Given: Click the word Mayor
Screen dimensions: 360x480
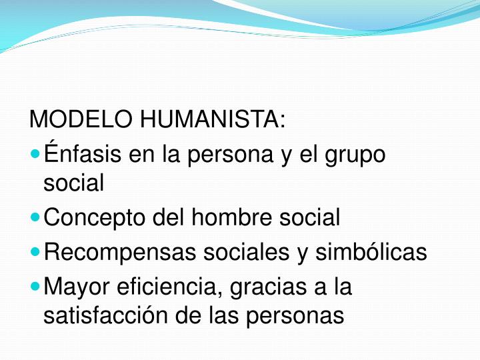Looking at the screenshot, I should (x=74, y=288).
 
